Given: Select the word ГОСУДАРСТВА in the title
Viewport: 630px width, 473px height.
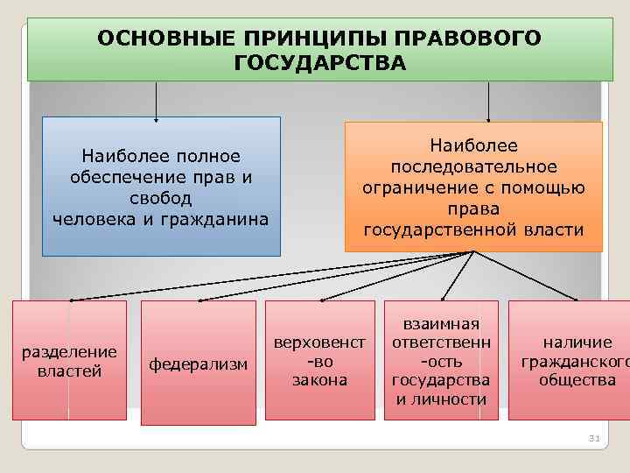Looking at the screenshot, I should pyautogui.click(x=320, y=63).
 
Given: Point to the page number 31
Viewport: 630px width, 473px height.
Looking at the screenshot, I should pyautogui.click(x=592, y=438).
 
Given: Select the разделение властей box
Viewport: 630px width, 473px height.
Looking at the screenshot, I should pyautogui.click(x=69, y=361).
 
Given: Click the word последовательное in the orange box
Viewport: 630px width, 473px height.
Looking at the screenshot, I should pyautogui.click(x=473, y=167).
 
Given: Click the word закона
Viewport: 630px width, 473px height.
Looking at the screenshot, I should pyautogui.click(x=319, y=380).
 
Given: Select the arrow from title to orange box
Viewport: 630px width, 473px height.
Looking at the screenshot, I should pyautogui.click(x=487, y=101).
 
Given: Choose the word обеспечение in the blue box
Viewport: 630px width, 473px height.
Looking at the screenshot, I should pyautogui.click(x=115, y=177).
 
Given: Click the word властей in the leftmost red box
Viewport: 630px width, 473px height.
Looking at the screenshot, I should pyautogui.click(x=69, y=371).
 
